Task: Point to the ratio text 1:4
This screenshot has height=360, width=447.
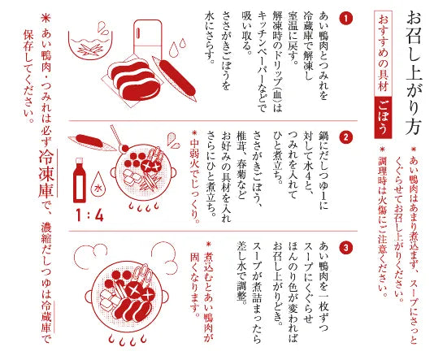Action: pos(90,217)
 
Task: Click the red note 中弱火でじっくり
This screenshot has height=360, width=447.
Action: pos(194,176)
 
